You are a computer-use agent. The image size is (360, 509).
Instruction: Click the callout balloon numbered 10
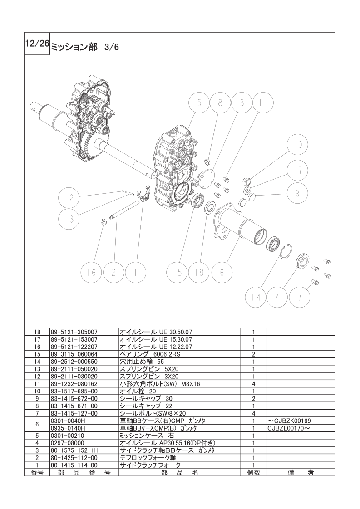[x=298, y=144]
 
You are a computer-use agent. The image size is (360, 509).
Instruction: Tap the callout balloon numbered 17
[x=298, y=171]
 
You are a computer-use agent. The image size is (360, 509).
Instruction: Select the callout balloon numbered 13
[x=69, y=220]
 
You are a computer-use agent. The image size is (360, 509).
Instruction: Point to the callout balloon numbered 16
[x=92, y=272]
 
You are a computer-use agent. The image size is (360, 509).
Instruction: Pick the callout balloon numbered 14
[x=256, y=297]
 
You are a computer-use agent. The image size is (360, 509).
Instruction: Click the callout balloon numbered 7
[x=300, y=297]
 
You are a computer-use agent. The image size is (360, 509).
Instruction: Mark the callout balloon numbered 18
[x=199, y=272]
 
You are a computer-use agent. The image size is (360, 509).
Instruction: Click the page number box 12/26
[x=37, y=44]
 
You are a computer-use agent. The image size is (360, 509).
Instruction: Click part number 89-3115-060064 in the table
[x=74, y=354]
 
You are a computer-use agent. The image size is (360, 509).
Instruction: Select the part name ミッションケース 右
[x=147, y=436]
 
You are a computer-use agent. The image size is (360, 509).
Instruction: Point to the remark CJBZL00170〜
[x=289, y=428]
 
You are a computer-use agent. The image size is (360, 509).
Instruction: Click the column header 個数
[x=253, y=473]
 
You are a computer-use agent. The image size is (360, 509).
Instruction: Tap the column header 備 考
[x=301, y=473]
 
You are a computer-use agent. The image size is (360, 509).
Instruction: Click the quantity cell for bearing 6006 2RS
[x=253, y=354]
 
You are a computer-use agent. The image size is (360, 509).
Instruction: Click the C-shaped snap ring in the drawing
[x=286, y=251]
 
